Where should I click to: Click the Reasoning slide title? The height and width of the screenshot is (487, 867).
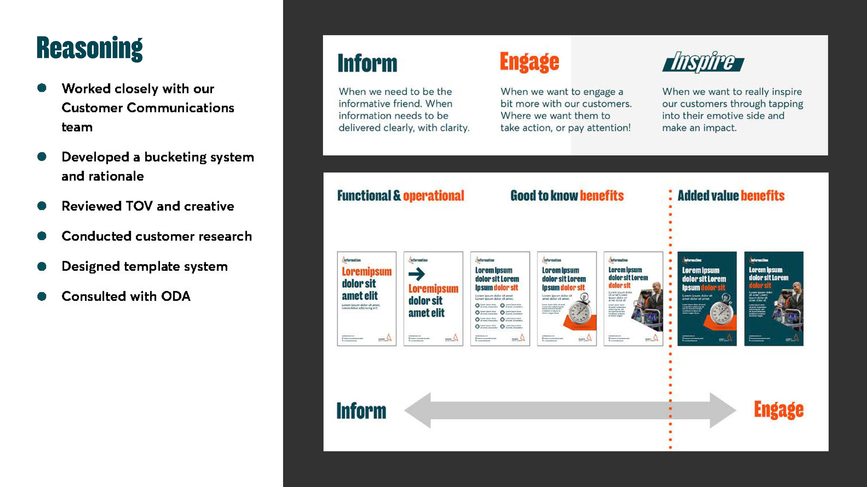pyautogui.click(x=90, y=48)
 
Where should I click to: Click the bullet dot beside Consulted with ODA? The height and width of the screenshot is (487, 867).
pyautogui.click(x=42, y=296)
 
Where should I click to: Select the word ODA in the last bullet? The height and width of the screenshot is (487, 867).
pyautogui.click(x=176, y=296)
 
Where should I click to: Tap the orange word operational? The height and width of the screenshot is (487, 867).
pyautogui.click(x=433, y=196)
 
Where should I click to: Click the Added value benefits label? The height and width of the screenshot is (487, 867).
pyautogui.click(x=731, y=196)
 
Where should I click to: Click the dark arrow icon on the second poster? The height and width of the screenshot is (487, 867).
pyautogui.click(x=417, y=274)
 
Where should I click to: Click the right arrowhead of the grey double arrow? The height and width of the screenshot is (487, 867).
pyautogui.click(x=722, y=410)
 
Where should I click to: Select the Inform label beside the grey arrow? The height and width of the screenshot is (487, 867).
pyautogui.click(x=361, y=411)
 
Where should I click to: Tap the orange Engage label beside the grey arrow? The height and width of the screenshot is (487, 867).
pyautogui.click(x=778, y=410)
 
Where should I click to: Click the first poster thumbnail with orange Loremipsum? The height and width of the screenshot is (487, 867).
pyautogui.click(x=366, y=299)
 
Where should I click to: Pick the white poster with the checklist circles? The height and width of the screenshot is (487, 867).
pyautogui.click(x=500, y=299)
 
